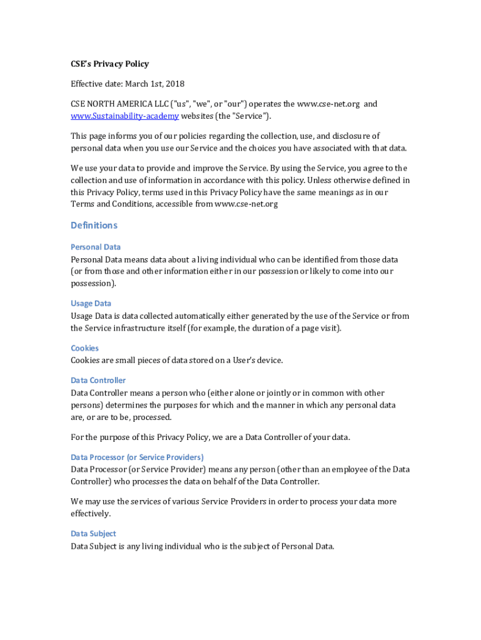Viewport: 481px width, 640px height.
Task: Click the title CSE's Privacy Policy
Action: point(109,64)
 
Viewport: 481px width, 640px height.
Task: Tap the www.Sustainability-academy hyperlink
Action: point(125,116)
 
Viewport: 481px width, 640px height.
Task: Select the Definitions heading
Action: point(94,225)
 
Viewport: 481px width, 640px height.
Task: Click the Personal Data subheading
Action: point(96,247)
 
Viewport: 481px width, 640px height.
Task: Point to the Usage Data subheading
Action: point(91,304)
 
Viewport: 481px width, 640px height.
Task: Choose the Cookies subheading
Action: point(84,348)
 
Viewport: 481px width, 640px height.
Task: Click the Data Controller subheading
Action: point(98,380)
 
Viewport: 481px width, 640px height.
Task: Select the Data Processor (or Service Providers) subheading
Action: point(137,457)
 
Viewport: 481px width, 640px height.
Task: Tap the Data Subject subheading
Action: point(93,534)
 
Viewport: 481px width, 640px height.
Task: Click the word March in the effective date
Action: point(137,84)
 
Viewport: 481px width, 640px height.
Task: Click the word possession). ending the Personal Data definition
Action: point(93,283)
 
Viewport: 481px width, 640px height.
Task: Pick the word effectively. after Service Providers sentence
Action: point(91,514)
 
